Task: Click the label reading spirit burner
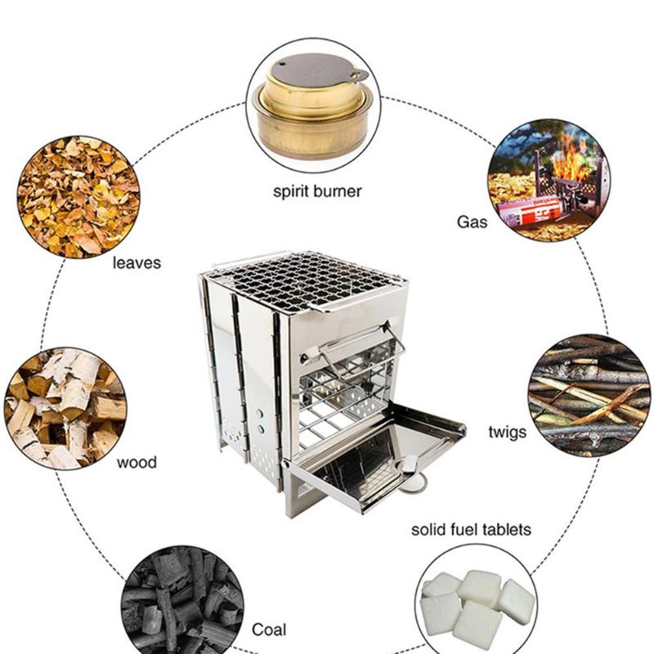[316, 193]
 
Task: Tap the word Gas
[472, 221]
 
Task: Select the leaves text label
[137, 263]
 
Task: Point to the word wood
[137, 463]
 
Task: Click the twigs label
[507, 432]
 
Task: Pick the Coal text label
[269, 629]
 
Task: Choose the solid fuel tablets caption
[470, 530]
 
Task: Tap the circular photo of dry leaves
[78, 196]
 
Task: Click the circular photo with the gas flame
[549, 178]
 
